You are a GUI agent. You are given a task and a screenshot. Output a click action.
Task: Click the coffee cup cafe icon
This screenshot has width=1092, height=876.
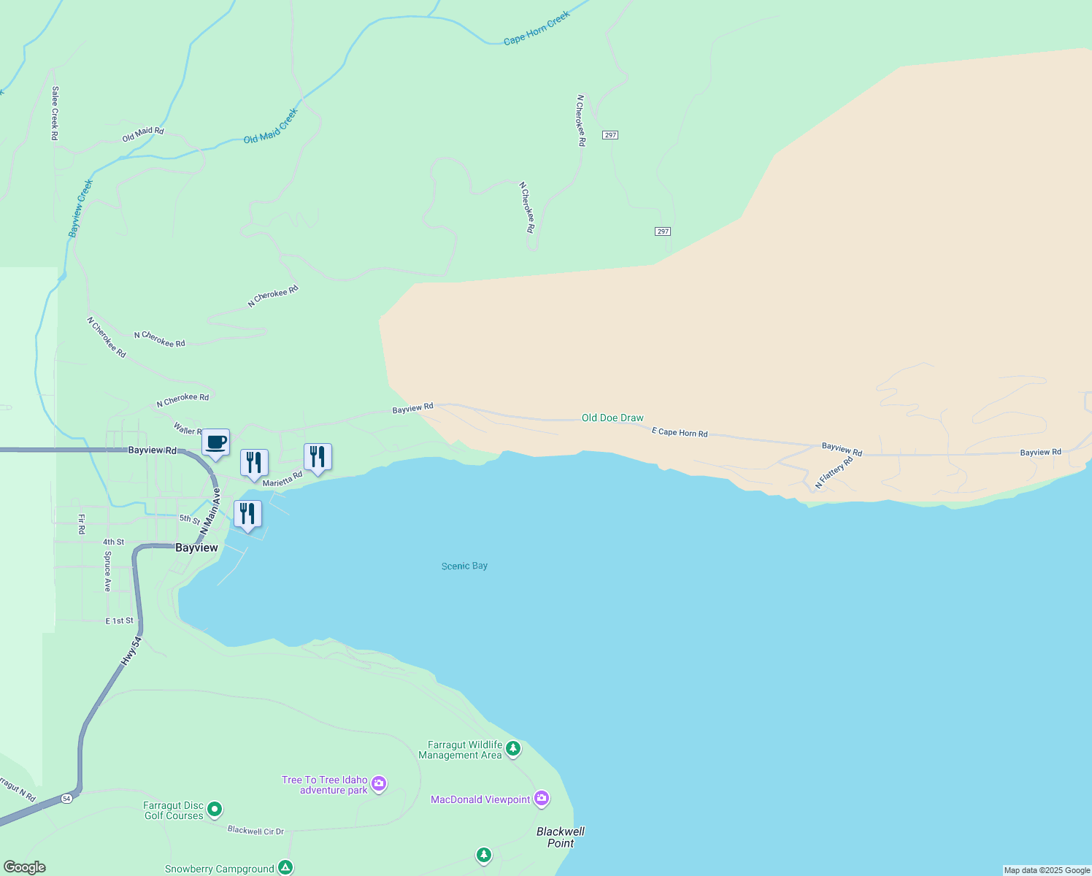(215, 442)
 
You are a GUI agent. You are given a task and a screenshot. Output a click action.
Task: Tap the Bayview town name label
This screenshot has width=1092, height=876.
(196, 547)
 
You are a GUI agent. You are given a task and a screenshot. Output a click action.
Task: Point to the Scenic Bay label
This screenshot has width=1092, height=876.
(464, 566)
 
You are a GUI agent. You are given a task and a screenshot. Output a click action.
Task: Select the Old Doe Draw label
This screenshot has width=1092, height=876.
(612, 418)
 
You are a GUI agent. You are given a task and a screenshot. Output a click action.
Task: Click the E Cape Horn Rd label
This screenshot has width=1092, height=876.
(680, 433)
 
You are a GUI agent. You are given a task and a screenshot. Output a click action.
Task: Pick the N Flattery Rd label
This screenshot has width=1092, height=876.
(834, 473)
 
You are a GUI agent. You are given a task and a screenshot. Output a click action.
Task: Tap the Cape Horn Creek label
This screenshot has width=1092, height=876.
(537, 29)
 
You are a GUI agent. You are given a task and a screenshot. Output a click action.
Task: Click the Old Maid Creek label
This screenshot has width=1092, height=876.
(271, 126)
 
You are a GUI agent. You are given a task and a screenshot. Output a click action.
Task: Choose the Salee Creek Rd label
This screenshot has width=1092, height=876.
(55, 112)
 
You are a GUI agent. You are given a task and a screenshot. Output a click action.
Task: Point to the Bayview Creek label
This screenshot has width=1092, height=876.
(81, 208)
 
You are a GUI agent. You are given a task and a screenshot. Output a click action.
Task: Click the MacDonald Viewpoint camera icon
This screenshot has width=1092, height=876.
(542, 799)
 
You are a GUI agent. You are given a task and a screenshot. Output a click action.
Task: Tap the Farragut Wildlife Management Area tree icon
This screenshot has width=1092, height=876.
(513, 748)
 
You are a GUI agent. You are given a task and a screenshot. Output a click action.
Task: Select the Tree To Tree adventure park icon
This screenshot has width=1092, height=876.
(379, 784)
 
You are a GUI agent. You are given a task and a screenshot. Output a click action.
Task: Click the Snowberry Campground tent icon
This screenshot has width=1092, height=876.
(285, 867)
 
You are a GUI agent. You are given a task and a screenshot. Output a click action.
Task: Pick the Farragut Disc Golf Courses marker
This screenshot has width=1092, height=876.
(215, 809)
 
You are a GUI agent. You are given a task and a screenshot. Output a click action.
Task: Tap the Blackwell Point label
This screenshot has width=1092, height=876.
(561, 837)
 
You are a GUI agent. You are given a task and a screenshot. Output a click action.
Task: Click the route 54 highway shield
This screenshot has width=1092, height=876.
(67, 798)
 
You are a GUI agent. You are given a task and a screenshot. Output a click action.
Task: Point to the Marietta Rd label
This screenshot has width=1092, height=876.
(282, 480)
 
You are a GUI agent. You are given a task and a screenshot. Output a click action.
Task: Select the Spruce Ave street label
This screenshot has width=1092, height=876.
(107, 571)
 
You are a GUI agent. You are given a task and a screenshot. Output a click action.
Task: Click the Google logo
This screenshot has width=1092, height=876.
(25, 867)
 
